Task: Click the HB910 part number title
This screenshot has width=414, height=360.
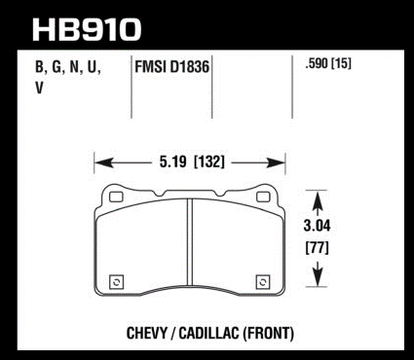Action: [x=87, y=29]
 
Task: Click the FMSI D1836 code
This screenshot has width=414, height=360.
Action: [x=171, y=67]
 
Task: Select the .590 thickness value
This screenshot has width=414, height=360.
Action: [x=317, y=64]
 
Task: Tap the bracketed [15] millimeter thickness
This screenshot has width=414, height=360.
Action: [x=341, y=64]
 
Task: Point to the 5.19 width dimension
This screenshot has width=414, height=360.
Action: [x=172, y=162]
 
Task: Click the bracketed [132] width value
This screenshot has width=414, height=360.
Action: [x=209, y=162]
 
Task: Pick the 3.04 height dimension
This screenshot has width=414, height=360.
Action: [x=317, y=226]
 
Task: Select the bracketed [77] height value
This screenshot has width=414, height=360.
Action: [x=317, y=248]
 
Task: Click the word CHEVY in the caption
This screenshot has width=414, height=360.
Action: [x=147, y=334]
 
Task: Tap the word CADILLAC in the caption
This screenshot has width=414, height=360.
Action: [x=209, y=334]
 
